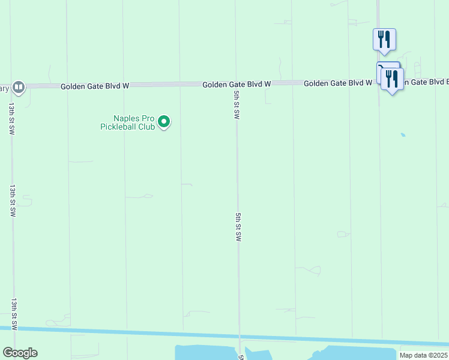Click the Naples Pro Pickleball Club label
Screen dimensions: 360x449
127,122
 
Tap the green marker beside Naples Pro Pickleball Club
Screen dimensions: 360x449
164,123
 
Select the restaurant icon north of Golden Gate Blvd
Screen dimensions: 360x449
384,40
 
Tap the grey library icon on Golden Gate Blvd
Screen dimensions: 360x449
19,87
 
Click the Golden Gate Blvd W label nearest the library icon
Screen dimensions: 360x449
95,86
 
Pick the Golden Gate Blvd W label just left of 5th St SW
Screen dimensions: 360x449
237,85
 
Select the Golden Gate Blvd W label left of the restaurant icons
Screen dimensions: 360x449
337,83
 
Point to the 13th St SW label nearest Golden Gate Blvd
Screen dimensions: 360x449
11,118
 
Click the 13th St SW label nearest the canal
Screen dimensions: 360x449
13,313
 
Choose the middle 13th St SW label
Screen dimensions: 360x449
12,200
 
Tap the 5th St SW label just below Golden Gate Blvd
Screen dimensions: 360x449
237,105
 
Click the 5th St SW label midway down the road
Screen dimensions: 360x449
238,226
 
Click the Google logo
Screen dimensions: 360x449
20,353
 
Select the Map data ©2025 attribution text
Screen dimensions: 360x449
423,355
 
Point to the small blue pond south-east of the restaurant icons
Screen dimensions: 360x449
403,135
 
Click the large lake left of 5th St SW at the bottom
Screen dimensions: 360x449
204,353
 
